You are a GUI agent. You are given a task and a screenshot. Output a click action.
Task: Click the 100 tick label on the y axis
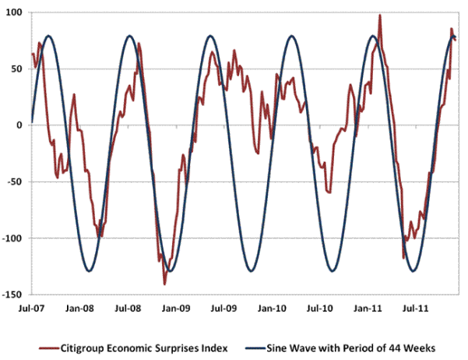point(14,13)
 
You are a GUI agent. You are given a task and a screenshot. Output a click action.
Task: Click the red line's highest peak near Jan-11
point(380,15)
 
